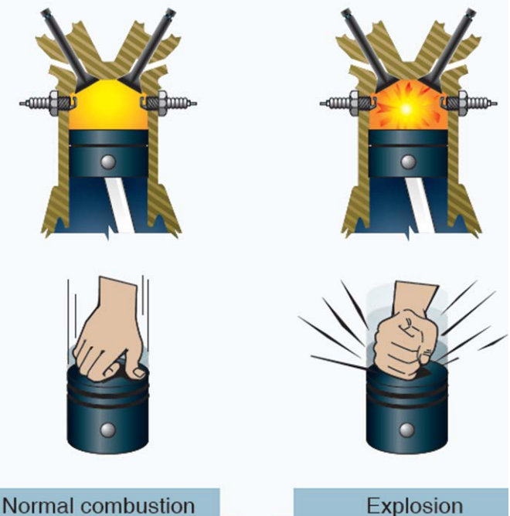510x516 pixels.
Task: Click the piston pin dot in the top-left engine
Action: (x=108, y=161)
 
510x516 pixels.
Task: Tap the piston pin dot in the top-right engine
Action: (x=406, y=161)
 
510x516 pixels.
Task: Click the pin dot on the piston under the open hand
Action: (x=108, y=429)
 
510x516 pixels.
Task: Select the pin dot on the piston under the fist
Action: (x=407, y=429)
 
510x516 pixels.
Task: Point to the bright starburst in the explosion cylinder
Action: (x=406, y=109)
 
